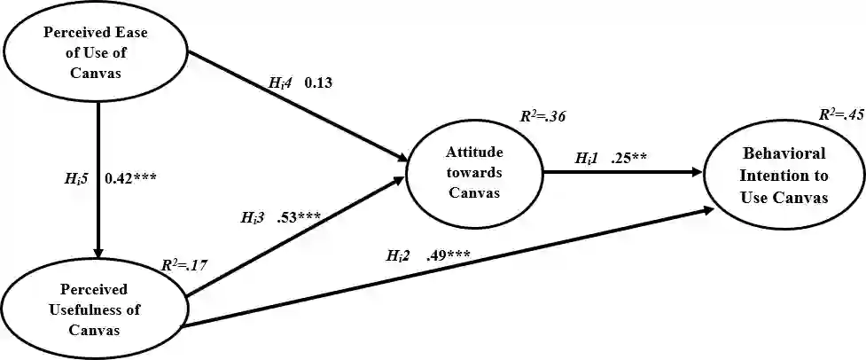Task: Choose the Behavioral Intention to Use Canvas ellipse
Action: coord(784,176)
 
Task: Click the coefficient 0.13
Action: coord(318,83)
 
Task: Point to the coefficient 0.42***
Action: coord(132,177)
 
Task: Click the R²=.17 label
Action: coord(184,264)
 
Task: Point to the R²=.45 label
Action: coord(841,113)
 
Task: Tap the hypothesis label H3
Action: coord(254,216)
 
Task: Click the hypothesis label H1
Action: coord(588,159)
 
